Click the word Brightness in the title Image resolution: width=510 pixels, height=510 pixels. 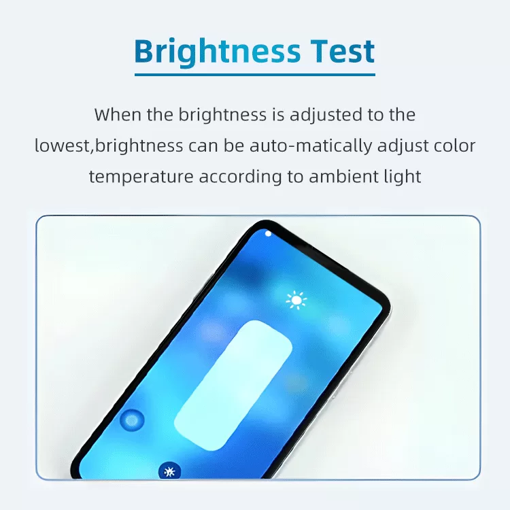coord(218,52)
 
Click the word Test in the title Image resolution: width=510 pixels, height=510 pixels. coord(342,51)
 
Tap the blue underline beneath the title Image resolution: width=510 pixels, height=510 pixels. coord(255,75)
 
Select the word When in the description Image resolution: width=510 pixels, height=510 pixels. coord(118,115)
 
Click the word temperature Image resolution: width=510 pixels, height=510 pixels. coord(141,177)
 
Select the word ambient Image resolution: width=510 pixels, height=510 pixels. coord(344,177)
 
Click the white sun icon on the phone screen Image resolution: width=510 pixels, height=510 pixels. coord(296,300)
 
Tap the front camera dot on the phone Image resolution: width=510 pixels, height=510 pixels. coord(268,233)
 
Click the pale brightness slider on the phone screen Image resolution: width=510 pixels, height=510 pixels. coord(233,386)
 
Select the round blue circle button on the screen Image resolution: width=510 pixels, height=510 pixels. coord(132,420)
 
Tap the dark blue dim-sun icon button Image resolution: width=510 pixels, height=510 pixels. coord(169,471)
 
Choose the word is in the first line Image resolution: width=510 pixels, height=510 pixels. coord(278,115)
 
